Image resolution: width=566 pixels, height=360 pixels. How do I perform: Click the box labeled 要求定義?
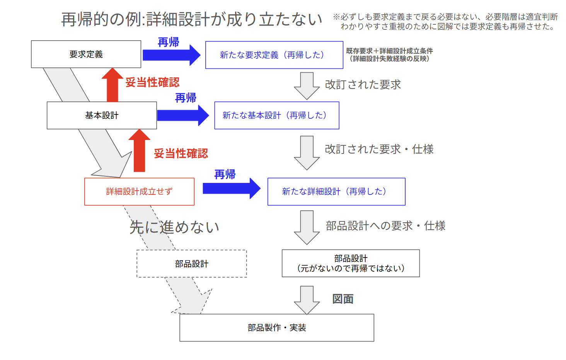86,54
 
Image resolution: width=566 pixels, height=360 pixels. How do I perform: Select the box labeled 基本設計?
102,115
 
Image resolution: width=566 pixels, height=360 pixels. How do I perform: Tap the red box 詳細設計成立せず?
139,191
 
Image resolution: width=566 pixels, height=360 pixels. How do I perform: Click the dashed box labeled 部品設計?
191,264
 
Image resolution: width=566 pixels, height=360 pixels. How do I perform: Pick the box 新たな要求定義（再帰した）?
274,55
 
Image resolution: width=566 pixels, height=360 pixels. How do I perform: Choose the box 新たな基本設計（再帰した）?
276,115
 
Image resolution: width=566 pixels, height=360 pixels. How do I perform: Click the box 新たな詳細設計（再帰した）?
336,191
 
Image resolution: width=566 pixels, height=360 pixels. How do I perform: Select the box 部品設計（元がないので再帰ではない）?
351,263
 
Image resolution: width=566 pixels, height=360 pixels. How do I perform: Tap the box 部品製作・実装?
276,328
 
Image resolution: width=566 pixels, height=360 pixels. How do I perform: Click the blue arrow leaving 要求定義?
171,55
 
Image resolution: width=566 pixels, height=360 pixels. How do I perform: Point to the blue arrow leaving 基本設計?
182,115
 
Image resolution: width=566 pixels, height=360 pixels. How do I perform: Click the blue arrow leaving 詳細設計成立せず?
231,189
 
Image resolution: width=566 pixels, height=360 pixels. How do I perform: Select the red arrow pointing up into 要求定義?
113,85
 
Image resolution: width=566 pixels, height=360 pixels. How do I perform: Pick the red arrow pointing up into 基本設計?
139,151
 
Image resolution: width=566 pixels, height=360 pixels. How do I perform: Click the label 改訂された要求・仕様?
379,149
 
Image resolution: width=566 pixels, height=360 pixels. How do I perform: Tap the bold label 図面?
343,299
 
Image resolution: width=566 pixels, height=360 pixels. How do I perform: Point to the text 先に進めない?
174,227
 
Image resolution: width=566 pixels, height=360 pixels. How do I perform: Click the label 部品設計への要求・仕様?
385,226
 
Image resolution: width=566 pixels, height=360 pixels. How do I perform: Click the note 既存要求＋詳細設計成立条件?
389,51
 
